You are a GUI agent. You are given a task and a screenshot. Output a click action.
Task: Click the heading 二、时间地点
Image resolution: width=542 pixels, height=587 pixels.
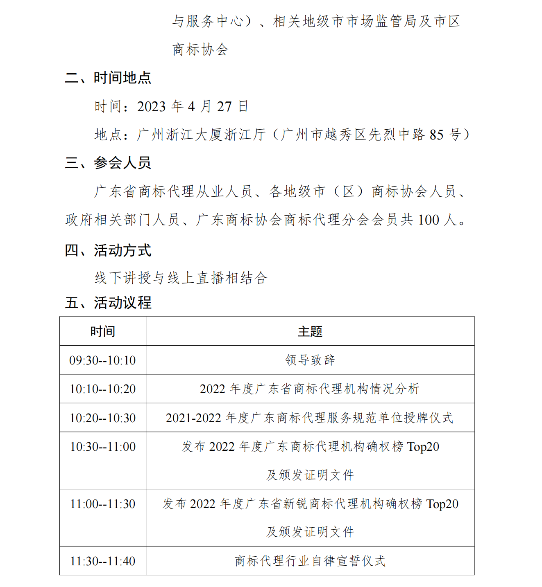point(108,78)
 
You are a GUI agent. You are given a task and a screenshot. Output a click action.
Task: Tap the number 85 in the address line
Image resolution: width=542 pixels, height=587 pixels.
point(436,135)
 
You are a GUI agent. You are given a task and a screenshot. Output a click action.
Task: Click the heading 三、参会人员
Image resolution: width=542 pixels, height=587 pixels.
point(108,163)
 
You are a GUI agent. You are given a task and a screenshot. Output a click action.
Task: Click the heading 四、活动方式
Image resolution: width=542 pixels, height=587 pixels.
point(108,250)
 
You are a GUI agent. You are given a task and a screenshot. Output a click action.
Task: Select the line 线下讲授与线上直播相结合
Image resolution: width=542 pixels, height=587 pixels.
point(181,278)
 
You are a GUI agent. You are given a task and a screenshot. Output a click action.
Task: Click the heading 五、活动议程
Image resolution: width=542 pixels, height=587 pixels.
point(108,303)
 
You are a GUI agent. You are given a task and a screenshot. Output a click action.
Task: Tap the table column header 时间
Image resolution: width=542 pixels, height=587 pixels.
point(102,331)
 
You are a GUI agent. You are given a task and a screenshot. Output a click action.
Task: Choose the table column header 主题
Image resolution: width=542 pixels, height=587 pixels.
point(310,331)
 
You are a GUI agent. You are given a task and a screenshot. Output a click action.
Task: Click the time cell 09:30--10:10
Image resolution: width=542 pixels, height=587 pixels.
point(102,360)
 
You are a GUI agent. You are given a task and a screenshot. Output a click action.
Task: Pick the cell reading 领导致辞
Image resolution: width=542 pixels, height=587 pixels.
point(310,360)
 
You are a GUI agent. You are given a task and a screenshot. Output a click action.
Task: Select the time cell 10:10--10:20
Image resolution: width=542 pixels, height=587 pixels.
point(102,389)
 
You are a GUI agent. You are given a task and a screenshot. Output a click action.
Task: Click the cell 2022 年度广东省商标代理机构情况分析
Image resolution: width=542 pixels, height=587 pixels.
point(310,389)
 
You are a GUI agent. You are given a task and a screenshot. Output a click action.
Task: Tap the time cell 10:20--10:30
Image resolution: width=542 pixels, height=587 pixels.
point(102,418)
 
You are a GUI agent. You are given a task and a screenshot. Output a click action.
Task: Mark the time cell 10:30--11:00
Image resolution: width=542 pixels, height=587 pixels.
point(102,447)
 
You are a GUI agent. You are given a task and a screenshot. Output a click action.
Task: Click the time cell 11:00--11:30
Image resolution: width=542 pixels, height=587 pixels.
point(102,504)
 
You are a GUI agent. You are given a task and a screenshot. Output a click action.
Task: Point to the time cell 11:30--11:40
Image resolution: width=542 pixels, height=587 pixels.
point(102,561)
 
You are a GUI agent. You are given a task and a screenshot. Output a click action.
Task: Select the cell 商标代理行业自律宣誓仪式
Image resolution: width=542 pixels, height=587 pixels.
point(310,561)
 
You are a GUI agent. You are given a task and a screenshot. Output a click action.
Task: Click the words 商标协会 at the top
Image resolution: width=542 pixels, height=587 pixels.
point(200,49)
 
